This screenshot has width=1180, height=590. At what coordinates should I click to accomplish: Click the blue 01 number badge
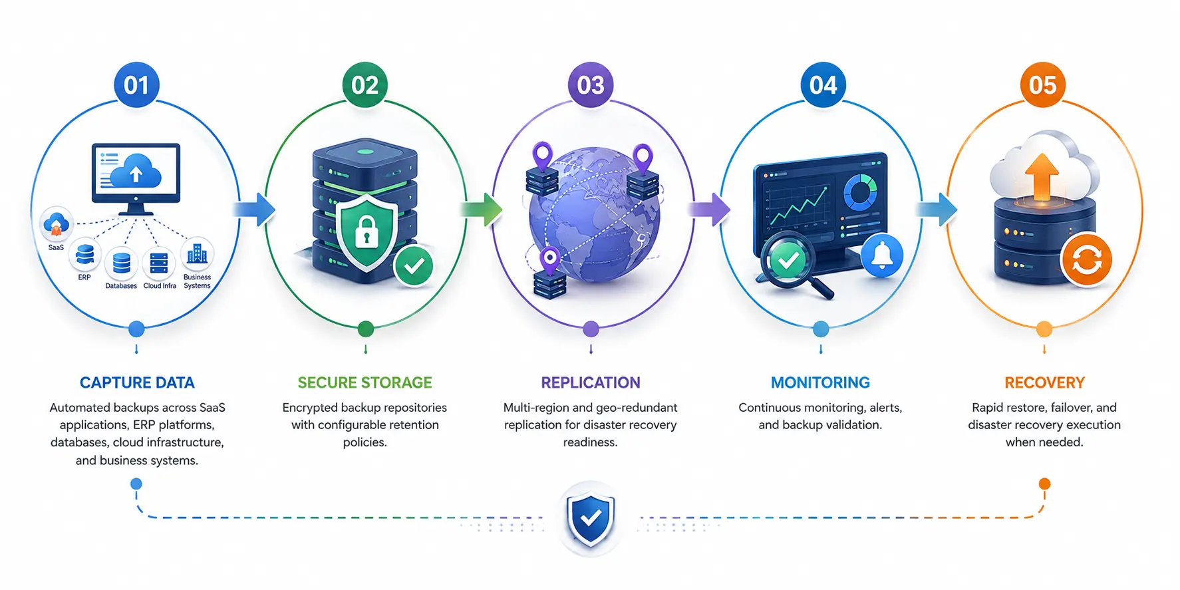[x=136, y=85]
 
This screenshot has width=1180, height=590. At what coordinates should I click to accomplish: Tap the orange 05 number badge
[x=1043, y=85]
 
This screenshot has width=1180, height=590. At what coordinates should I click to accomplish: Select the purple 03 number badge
[x=591, y=85]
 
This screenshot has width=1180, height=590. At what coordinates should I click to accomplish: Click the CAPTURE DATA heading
[x=137, y=382]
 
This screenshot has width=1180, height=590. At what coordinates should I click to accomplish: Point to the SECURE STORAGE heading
[x=365, y=382]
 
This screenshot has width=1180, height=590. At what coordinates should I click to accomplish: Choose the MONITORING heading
[x=820, y=382]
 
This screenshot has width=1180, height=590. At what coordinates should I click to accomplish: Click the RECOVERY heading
[x=1044, y=382]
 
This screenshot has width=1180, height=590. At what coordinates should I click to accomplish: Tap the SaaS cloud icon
[x=57, y=224]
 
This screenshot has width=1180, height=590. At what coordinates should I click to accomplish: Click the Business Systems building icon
[x=197, y=253]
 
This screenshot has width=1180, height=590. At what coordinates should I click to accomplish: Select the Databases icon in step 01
[x=121, y=263]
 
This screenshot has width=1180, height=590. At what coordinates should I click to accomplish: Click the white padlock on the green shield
[x=367, y=232]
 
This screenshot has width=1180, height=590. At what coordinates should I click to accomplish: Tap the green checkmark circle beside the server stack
[x=414, y=266]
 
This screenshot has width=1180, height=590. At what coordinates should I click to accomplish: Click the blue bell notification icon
[x=883, y=255]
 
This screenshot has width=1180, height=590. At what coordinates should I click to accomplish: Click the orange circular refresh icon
[x=1087, y=259]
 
